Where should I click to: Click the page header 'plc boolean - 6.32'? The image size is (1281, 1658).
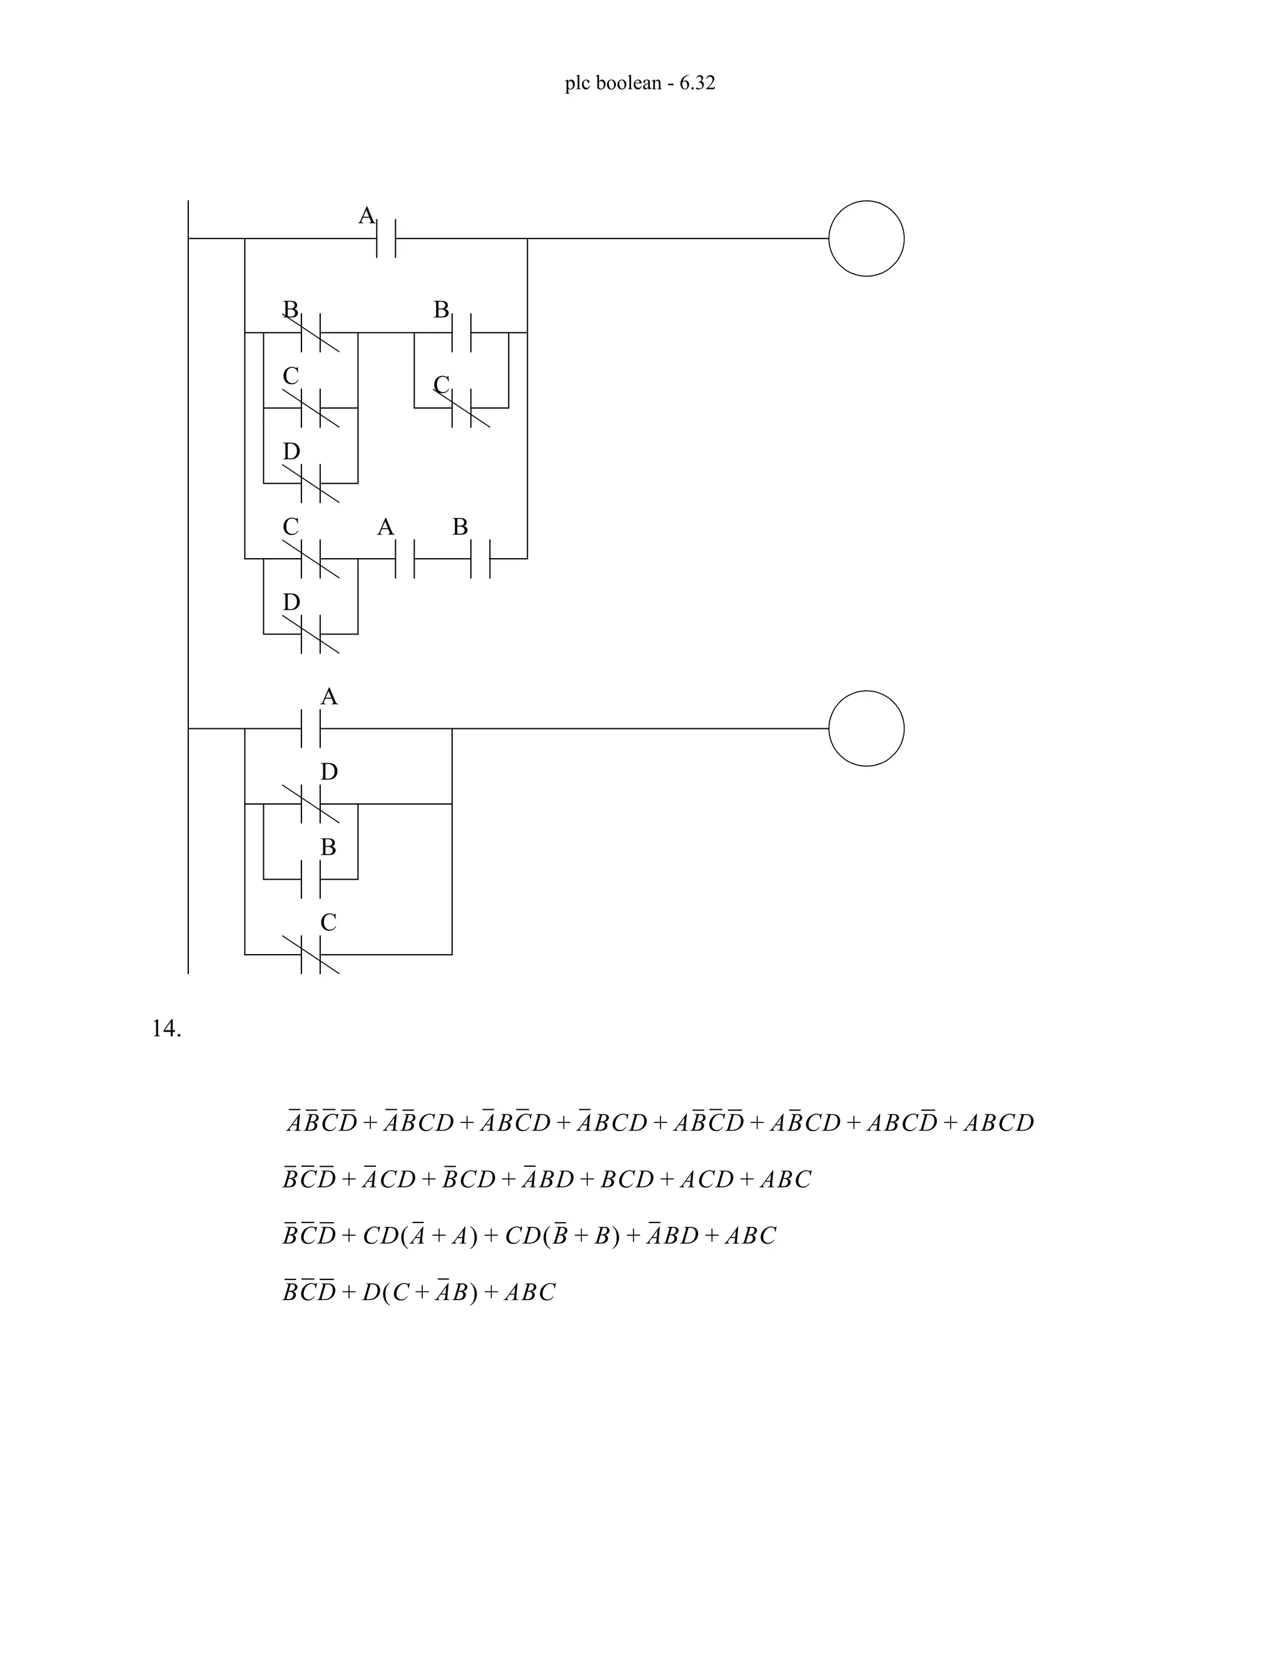(x=640, y=83)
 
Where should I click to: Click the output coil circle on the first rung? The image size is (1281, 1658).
(x=866, y=238)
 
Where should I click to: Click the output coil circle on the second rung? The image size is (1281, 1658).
(x=866, y=728)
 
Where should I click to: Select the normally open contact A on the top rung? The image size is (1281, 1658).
(x=387, y=238)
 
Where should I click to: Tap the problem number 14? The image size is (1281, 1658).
(x=166, y=1029)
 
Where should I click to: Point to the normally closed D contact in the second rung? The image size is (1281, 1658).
(x=311, y=803)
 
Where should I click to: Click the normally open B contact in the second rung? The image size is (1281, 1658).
(x=311, y=878)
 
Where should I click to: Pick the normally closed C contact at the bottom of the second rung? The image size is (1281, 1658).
(x=311, y=954)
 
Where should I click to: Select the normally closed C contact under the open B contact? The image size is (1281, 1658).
(x=462, y=408)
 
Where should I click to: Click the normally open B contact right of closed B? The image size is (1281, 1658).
(x=462, y=332)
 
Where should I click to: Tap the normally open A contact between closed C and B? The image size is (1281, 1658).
(x=405, y=559)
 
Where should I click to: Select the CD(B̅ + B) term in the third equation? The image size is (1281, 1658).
(x=562, y=1236)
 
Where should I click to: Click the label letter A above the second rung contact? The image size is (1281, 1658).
(x=328, y=696)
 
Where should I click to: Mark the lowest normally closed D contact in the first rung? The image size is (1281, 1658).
(x=311, y=633)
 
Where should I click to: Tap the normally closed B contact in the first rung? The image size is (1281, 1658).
(x=311, y=332)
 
